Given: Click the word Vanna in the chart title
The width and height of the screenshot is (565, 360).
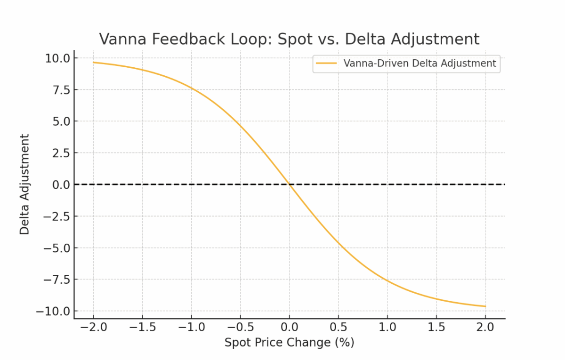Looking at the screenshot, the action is tap(122, 39).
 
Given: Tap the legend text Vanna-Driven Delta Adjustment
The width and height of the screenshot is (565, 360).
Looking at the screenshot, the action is tap(420, 63).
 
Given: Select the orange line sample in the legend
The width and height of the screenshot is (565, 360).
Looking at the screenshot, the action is tap(326, 63).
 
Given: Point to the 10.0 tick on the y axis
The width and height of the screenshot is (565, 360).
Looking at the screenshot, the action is tap(57, 58).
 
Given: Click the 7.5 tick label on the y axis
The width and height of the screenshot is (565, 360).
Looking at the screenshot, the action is tap(61, 90).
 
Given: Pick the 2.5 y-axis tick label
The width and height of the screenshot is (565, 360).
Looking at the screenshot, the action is tap(61, 153).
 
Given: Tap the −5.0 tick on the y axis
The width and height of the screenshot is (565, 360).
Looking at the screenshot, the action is tap(57, 248).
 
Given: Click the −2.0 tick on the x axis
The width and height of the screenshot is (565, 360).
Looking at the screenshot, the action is tap(94, 327).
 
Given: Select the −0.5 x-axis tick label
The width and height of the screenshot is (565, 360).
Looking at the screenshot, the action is tap(241, 327).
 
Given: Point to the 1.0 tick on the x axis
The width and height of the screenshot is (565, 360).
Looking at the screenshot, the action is tap(387, 327).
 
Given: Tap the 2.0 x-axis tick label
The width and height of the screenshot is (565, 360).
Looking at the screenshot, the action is tap(485, 327).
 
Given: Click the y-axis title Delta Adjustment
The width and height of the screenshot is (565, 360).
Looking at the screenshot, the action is tap(24, 184).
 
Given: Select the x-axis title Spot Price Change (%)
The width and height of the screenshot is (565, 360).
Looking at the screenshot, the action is tap(289, 343).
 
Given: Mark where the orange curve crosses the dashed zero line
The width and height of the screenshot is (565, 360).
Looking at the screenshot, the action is tap(290, 184).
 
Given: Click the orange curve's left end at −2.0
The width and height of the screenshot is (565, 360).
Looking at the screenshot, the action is tap(93, 62).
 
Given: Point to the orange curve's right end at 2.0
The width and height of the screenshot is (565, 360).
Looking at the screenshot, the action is tap(485, 306).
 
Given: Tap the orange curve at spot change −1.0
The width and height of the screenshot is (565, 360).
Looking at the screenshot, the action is tap(192, 88).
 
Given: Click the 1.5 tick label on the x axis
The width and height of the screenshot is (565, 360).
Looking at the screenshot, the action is tap(436, 327).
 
